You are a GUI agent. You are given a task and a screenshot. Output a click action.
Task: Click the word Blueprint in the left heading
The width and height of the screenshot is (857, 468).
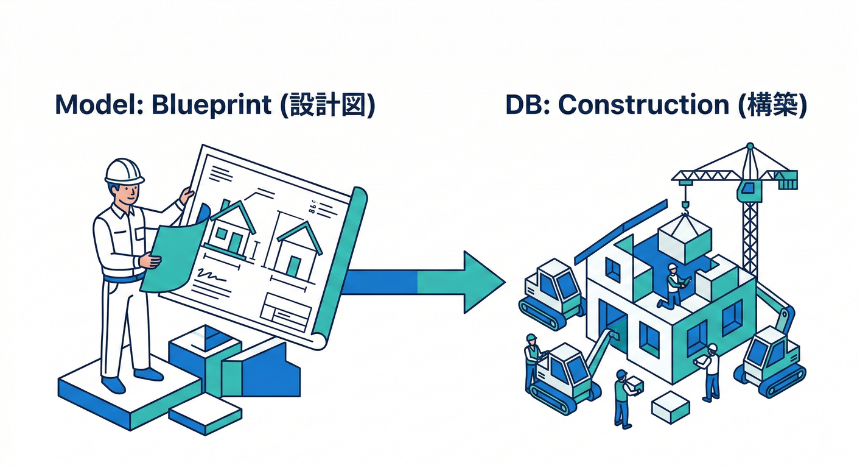point(211,105)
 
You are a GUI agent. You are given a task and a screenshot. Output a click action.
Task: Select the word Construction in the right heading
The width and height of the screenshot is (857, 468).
point(643,105)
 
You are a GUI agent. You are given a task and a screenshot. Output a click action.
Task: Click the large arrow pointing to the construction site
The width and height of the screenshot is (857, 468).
point(426,281)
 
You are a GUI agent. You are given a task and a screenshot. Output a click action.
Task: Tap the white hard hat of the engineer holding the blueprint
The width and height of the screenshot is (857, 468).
point(124,170)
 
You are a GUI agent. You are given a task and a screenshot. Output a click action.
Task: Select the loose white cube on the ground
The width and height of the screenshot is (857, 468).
point(670,406)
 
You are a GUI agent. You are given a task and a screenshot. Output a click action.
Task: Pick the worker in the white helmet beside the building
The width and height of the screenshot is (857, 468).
point(710,372)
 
